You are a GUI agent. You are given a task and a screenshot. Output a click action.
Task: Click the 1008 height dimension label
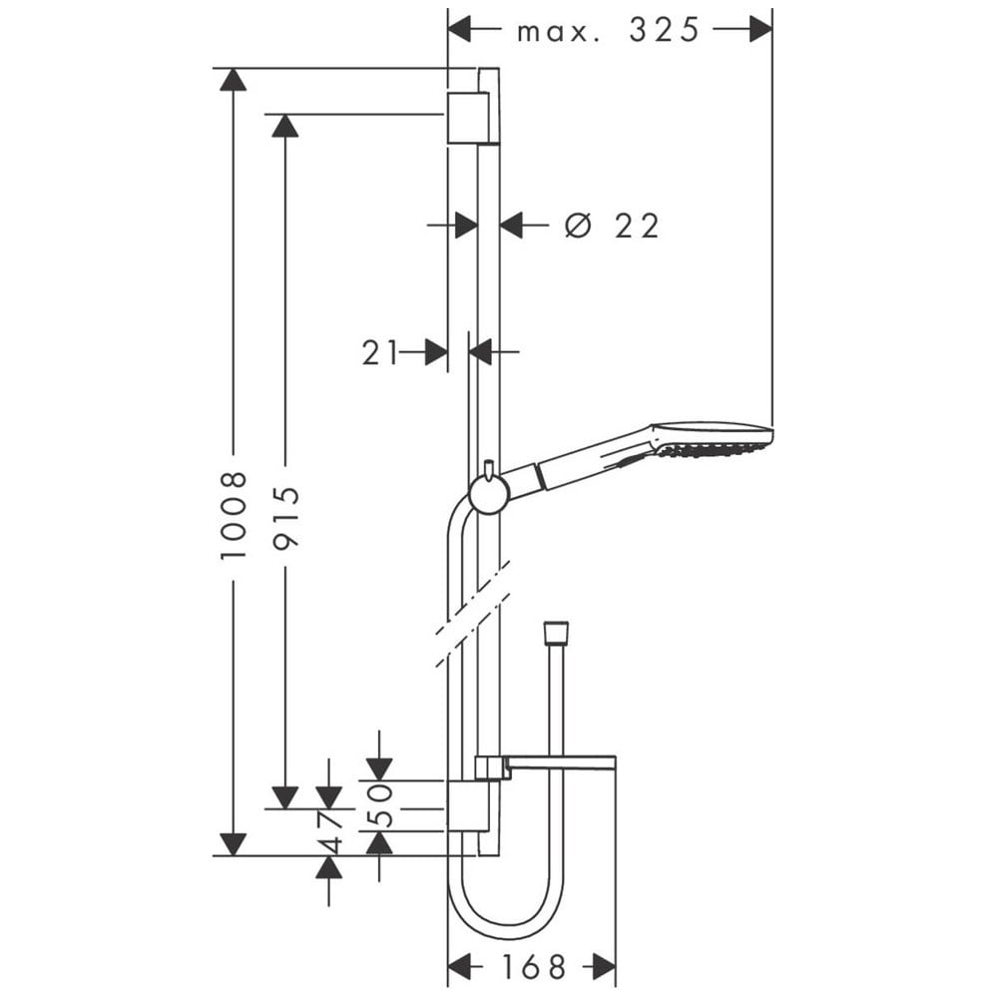click(234, 516)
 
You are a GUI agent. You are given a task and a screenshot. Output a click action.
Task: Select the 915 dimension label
click(285, 516)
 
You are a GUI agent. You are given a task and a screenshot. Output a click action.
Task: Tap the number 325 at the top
click(665, 30)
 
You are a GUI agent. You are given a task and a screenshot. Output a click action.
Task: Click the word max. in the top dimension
click(559, 32)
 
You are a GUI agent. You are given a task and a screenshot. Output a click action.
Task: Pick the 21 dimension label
click(380, 352)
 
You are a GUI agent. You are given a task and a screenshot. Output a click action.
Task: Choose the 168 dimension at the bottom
click(533, 967)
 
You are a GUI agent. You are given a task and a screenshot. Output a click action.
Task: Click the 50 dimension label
click(379, 805)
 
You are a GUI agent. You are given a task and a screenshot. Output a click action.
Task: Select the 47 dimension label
click(329, 832)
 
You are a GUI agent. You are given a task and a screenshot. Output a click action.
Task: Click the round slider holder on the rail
click(489, 494)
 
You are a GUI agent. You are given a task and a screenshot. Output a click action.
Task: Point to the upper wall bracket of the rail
click(469, 118)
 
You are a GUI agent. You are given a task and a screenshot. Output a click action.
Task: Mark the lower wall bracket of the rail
click(469, 805)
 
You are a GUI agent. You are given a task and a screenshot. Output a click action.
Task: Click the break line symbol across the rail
click(473, 614)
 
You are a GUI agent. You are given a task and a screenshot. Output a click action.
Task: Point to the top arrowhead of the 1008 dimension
click(233, 79)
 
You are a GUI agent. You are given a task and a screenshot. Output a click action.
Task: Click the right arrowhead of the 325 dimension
click(760, 29)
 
